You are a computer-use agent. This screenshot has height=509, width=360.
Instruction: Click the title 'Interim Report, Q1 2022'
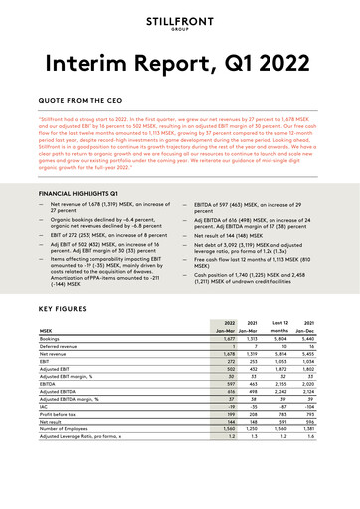pyautogui.click(x=180, y=68)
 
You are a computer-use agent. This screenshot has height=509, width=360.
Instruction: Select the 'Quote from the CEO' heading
pyautogui.click(x=87, y=102)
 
